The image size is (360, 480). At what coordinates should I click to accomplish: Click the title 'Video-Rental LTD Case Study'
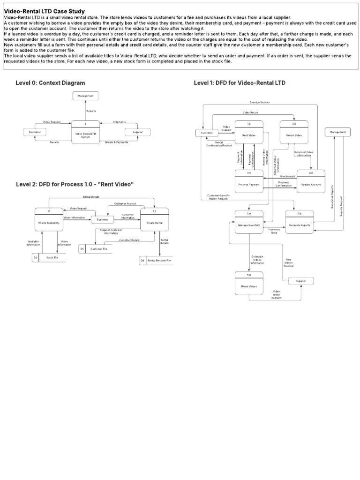45,11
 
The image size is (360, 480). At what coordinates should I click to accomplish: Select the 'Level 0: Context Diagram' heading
50,83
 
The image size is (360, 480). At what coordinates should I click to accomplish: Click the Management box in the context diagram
85,96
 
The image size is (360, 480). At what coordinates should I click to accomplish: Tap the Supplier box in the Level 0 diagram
137,133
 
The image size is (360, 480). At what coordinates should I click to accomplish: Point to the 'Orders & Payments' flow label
117,142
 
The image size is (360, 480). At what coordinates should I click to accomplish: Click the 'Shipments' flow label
119,122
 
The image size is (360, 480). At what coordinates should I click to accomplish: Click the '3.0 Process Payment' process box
249,182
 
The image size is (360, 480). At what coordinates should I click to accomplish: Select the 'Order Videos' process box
249,283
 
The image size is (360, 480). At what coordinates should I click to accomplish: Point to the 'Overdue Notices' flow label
259,102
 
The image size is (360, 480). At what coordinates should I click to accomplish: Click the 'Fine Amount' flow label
287,176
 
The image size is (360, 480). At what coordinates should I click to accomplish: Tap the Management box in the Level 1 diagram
337,133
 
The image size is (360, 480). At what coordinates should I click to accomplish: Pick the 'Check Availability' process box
49,220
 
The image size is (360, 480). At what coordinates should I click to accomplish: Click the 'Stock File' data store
49,258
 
